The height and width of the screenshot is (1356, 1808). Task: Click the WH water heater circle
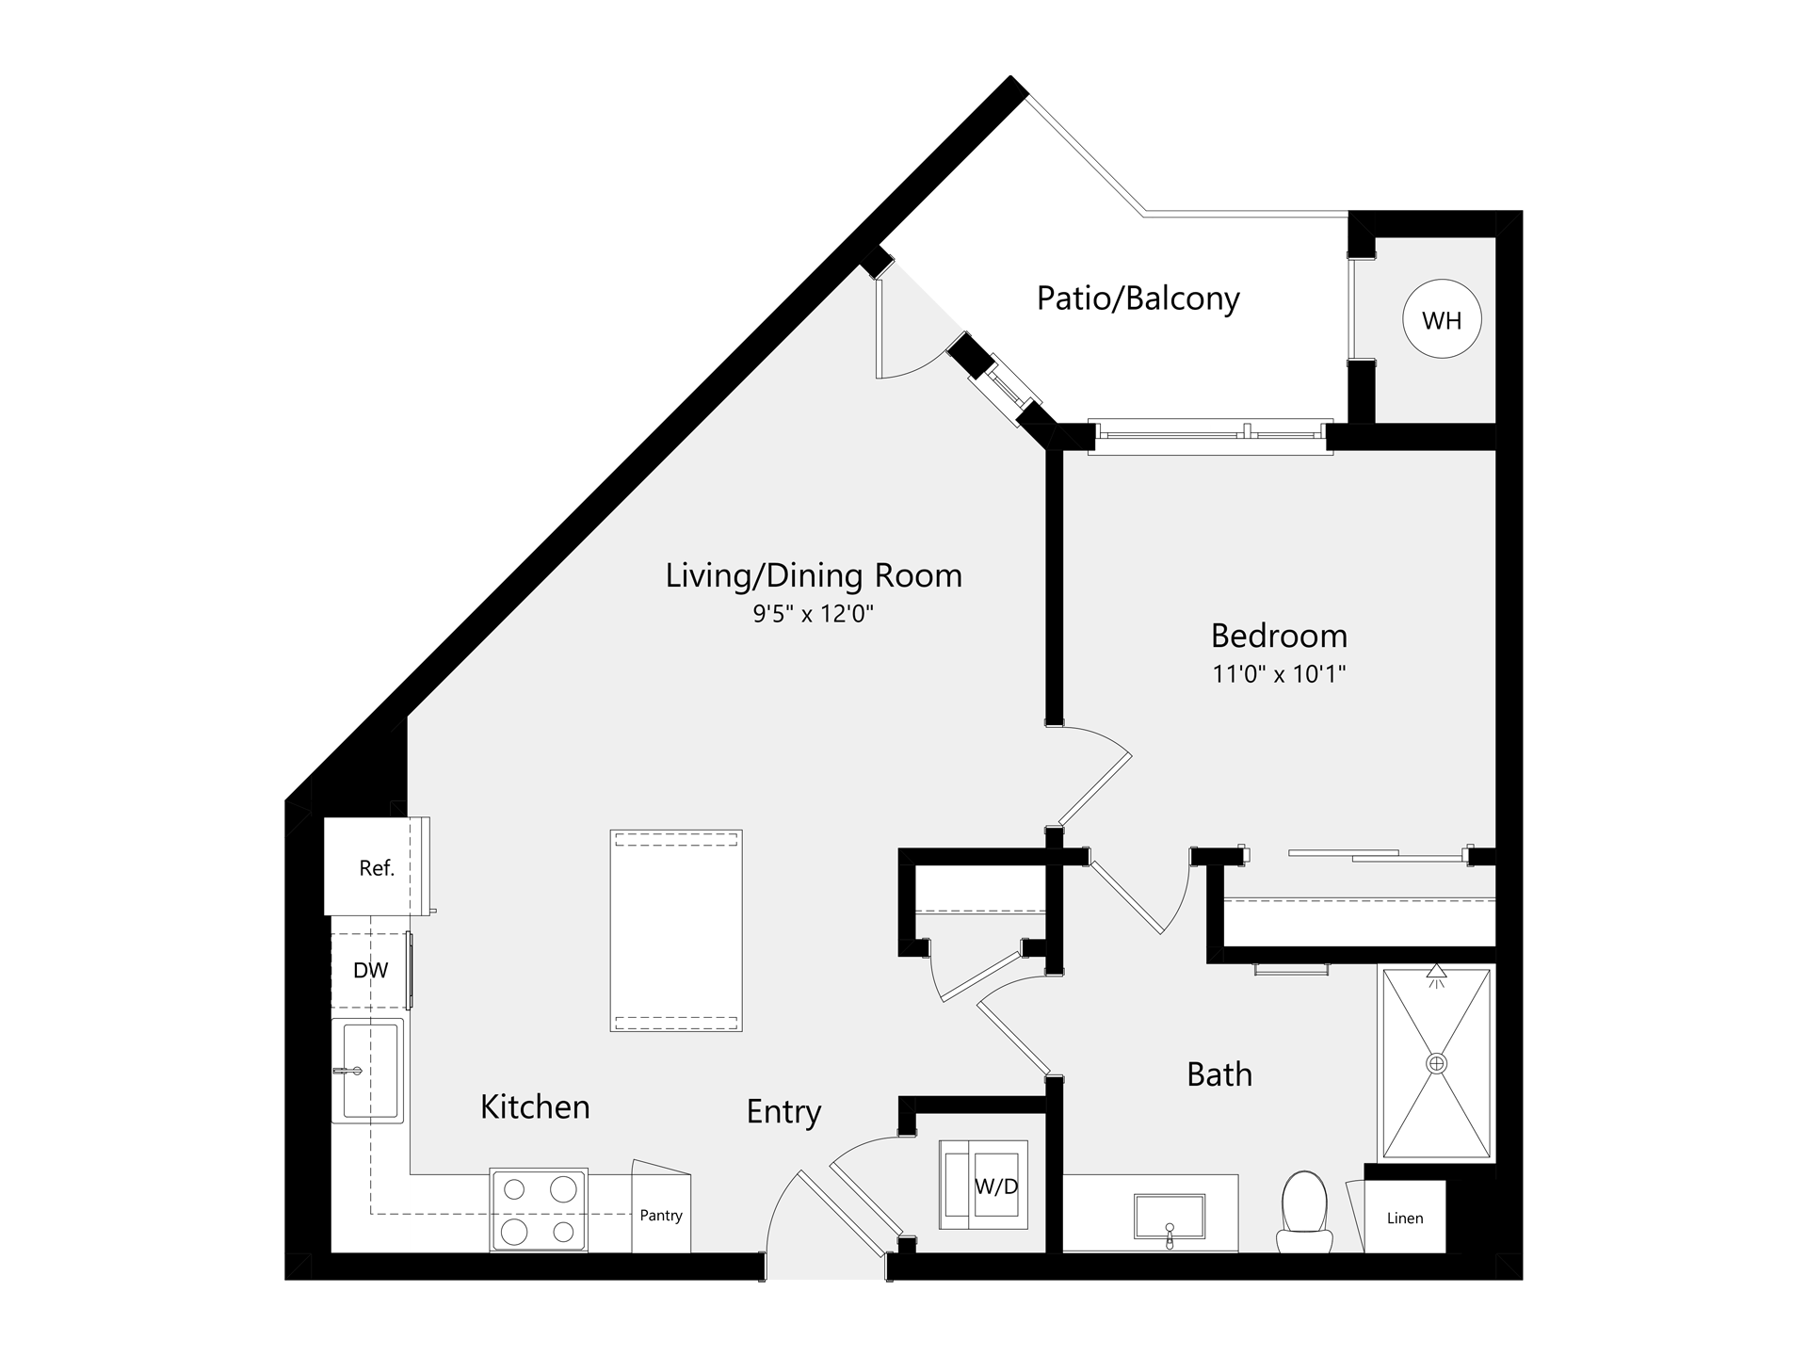click(1442, 320)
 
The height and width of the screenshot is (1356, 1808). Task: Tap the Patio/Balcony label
click(1138, 299)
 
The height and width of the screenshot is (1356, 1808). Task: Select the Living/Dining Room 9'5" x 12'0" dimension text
click(814, 615)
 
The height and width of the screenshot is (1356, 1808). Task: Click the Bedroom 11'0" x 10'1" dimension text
click(1279, 674)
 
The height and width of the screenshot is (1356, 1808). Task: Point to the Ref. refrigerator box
click(376, 867)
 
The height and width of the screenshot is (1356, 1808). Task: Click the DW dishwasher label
click(370, 971)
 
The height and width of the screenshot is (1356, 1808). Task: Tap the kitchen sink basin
click(370, 1071)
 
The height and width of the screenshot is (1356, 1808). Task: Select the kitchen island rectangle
click(676, 930)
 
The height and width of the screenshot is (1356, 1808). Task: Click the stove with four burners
click(539, 1210)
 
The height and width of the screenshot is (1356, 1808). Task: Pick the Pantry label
click(661, 1216)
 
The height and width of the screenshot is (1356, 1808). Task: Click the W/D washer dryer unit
click(984, 1185)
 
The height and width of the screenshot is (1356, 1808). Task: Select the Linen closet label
click(1405, 1219)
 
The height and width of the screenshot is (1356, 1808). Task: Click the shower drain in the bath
click(1436, 1064)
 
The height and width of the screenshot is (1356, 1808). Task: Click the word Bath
click(1219, 1074)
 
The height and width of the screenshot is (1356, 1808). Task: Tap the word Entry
click(783, 1112)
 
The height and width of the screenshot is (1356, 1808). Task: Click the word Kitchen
click(535, 1106)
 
